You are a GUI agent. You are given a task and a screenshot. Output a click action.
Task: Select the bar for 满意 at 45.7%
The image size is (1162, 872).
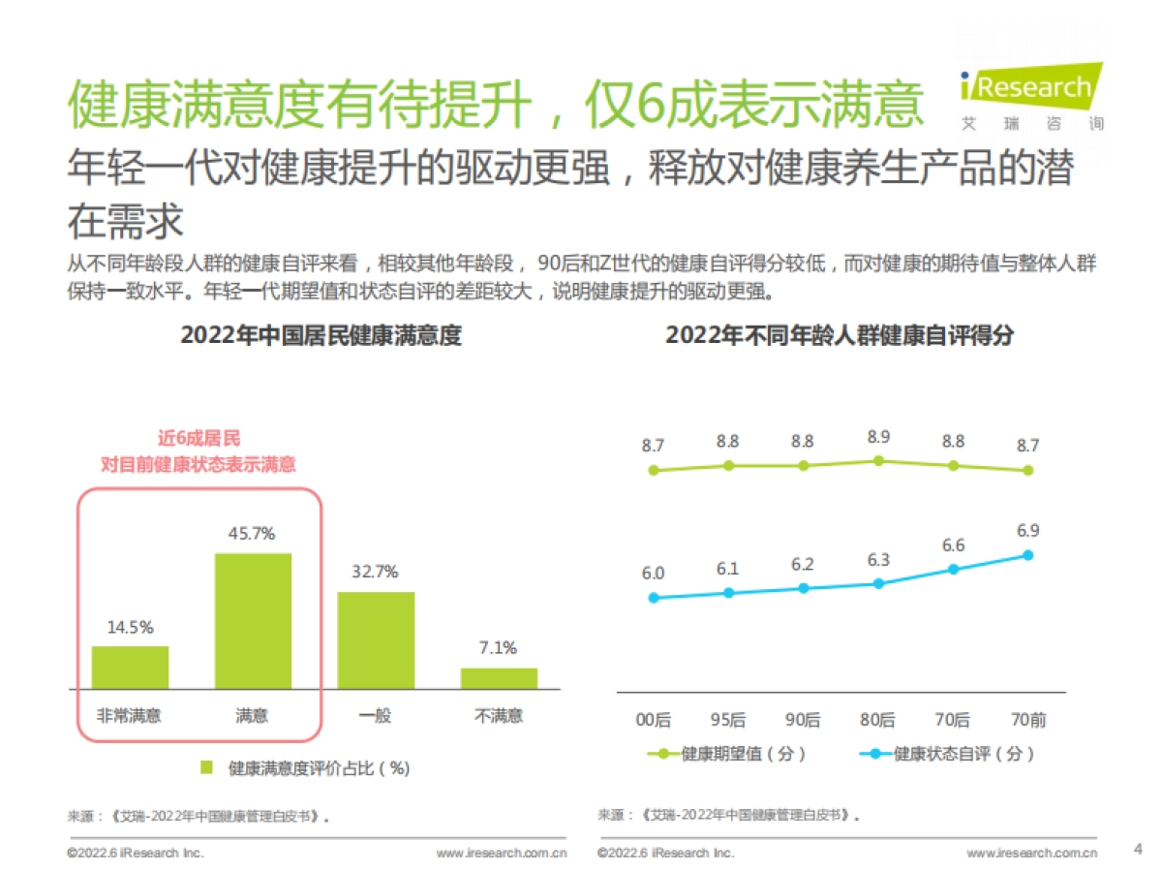pos(253,620)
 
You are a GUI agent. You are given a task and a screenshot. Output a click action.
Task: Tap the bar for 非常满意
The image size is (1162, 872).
pos(130,667)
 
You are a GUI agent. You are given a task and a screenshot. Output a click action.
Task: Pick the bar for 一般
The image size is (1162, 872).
pos(376,639)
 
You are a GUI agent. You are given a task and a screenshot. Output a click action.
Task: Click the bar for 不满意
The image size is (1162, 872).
pos(499,677)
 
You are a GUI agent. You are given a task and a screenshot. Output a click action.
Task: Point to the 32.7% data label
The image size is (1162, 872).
pos(375,572)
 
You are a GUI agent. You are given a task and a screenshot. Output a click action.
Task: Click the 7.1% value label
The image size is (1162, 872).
pos(498,647)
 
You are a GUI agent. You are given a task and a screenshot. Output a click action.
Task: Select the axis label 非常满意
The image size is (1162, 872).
pos(129,716)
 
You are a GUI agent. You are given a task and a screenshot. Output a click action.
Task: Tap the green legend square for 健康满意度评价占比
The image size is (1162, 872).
pos(206,767)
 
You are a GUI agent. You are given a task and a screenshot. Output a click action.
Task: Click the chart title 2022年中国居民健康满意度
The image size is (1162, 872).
pos(321,335)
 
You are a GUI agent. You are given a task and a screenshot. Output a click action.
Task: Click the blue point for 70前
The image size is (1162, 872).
pos(1027,555)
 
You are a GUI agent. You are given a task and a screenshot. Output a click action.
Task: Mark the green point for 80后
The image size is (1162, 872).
pos(878,461)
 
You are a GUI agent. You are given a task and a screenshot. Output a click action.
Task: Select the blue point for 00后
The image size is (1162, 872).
pos(654,598)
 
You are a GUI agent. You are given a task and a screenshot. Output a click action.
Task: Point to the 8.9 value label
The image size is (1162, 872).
pos(878,437)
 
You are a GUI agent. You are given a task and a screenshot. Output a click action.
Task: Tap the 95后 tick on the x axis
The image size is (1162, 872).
pos(728,719)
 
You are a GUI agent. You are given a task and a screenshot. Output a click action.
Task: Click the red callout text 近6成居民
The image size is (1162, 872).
pos(199,439)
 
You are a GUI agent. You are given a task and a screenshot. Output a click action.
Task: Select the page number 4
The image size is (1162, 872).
pos(1137,849)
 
